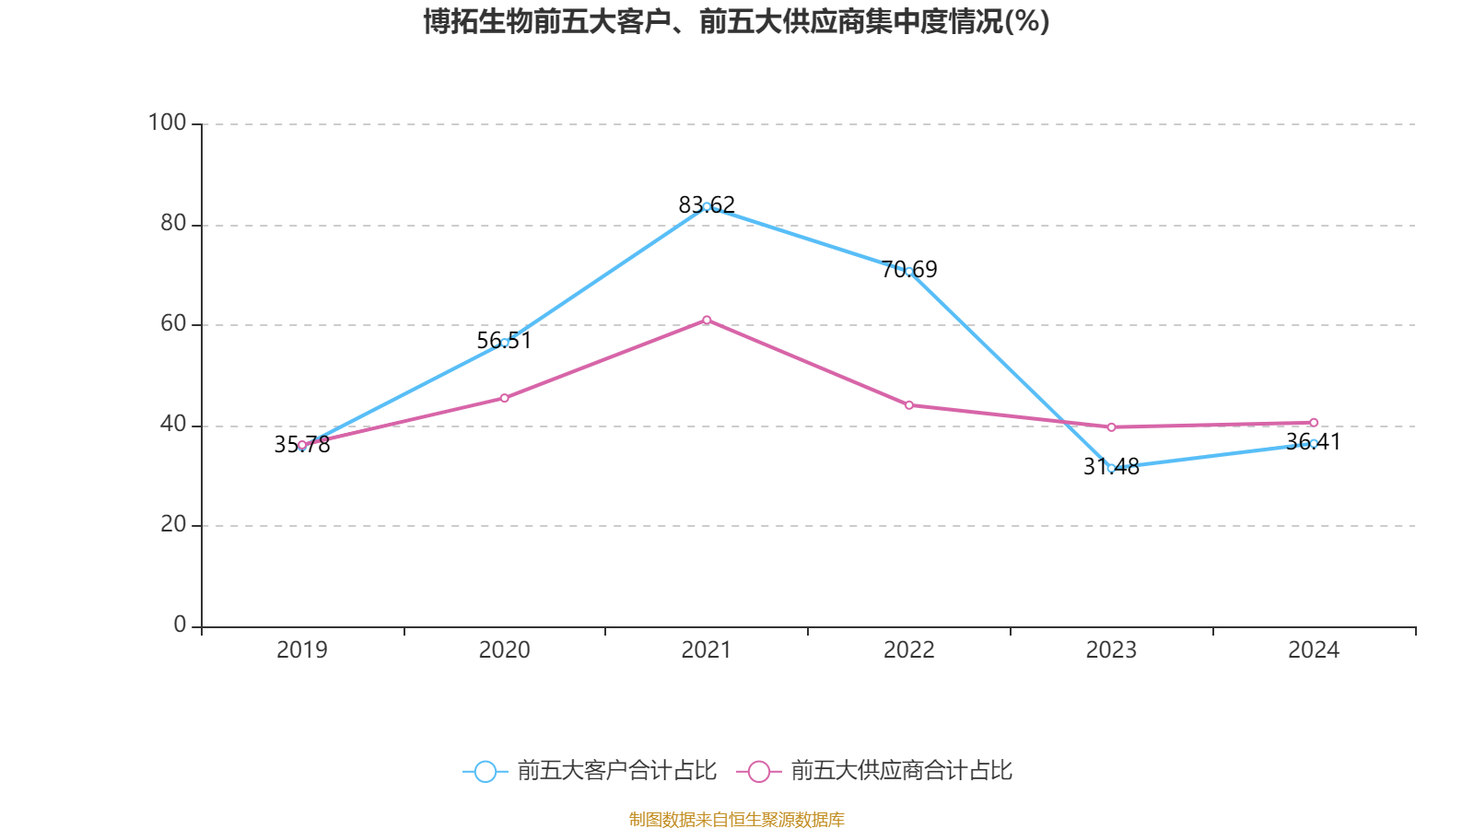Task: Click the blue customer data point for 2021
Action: (707, 206)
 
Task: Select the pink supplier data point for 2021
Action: (707, 321)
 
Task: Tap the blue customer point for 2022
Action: (909, 272)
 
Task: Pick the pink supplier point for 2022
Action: (909, 405)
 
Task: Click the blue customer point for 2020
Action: (505, 343)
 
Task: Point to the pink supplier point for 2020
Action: (505, 398)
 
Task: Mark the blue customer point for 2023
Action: (1111, 468)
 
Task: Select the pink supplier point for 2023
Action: (1111, 427)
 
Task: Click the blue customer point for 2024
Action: (1314, 443)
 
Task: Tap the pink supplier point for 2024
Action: (1314, 423)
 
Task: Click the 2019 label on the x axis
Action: (302, 650)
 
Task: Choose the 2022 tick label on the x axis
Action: (909, 650)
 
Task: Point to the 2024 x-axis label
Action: (1314, 650)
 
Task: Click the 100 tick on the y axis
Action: (168, 123)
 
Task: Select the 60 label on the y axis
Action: (173, 323)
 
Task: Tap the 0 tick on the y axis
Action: (180, 625)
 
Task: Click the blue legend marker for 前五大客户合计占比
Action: (485, 771)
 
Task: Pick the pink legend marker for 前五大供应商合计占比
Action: (758, 771)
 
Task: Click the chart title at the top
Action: (737, 21)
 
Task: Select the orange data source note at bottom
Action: (737, 819)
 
